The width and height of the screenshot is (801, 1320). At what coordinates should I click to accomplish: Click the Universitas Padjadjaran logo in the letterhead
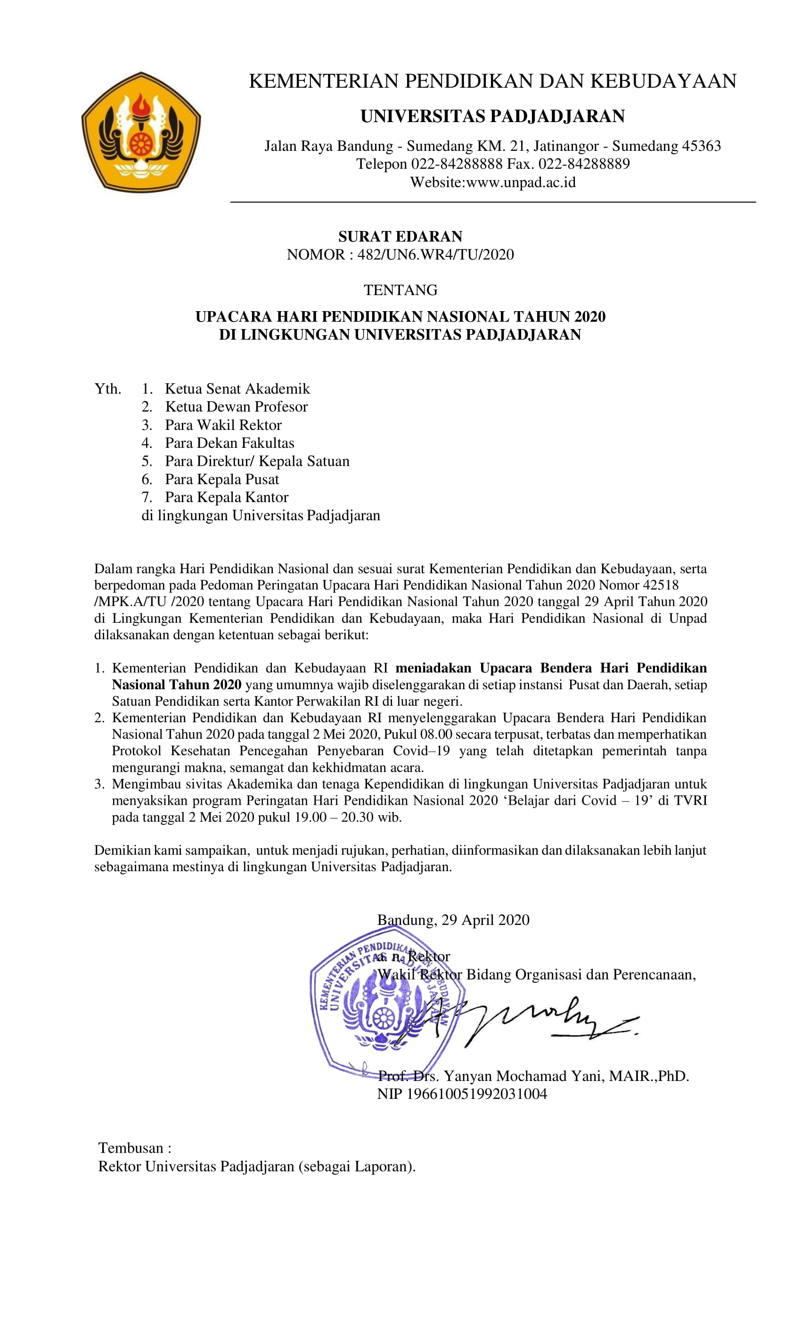pyautogui.click(x=140, y=132)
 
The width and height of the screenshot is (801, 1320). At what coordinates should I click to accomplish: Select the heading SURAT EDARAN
pyautogui.click(x=400, y=236)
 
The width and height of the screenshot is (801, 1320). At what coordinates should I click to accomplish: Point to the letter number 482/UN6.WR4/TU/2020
pyautogui.click(x=435, y=255)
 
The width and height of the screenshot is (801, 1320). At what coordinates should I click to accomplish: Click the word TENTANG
pyautogui.click(x=400, y=290)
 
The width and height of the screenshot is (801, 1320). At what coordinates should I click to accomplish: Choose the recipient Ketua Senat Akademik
pyautogui.click(x=237, y=388)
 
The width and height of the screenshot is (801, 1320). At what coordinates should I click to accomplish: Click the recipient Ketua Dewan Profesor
pyautogui.click(x=236, y=406)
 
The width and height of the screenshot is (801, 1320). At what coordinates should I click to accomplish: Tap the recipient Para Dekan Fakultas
pyautogui.click(x=229, y=443)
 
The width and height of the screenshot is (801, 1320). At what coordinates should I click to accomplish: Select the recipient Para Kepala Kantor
pyautogui.click(x=227, y=497)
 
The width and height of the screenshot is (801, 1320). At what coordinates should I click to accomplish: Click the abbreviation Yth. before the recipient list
pyautogui.click(x=107, y=388)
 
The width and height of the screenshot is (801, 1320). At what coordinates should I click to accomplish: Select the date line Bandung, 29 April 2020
pyautogui.click(x=453, y=920)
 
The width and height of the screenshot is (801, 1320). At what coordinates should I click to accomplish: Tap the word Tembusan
pyautogui.click(x=131, y=1148)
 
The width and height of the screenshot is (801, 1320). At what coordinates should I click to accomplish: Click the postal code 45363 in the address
pyautogui.click(x=701, y=146)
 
